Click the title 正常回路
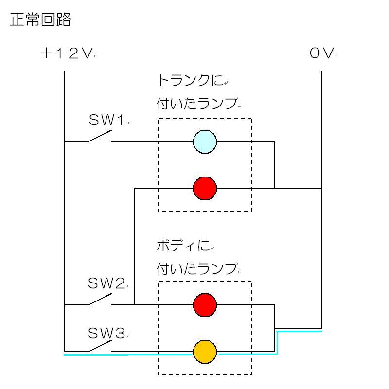[40, 20]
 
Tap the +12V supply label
[67, 53]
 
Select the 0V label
[321, 53]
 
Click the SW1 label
[107, 120]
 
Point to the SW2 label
[107, 283]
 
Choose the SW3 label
[107, 333]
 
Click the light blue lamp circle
[205, 141]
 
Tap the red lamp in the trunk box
[205, 188]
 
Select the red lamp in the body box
[205, 305]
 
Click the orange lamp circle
[205, 351]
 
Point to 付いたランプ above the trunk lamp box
[197, 104]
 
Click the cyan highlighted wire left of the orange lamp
[126, 355]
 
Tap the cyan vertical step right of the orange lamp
[277, 343]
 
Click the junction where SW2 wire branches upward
[135, 305]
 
